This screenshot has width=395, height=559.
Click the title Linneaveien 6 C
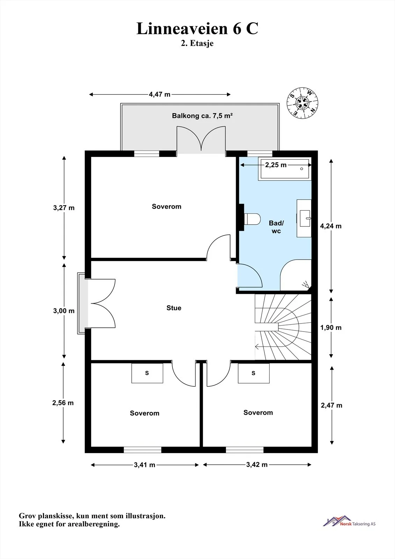coord(197,28)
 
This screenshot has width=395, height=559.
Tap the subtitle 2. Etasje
coord(197,43)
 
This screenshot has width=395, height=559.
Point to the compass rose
coord(302,103)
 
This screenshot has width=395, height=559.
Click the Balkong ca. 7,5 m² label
coord(202,116)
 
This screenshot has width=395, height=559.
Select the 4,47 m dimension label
coord(160,94)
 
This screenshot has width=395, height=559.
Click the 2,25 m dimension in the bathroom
coord(276,165)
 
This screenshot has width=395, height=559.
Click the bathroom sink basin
coord(305,218)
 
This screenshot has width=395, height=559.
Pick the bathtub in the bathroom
coord(285,169)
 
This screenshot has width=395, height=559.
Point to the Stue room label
coord(174,308)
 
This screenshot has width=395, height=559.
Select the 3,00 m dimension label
coord(64,311)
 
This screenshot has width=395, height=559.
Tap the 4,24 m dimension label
coord(331,226)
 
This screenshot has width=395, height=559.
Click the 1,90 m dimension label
coord(331,327)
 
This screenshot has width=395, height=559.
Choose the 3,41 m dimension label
coord(145,465)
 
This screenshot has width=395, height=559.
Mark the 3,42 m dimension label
coord(257,465)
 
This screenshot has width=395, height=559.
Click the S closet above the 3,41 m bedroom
coord(147,373)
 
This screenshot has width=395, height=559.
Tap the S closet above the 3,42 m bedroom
coord(254,373)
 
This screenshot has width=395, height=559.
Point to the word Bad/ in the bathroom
coord(276,223)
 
